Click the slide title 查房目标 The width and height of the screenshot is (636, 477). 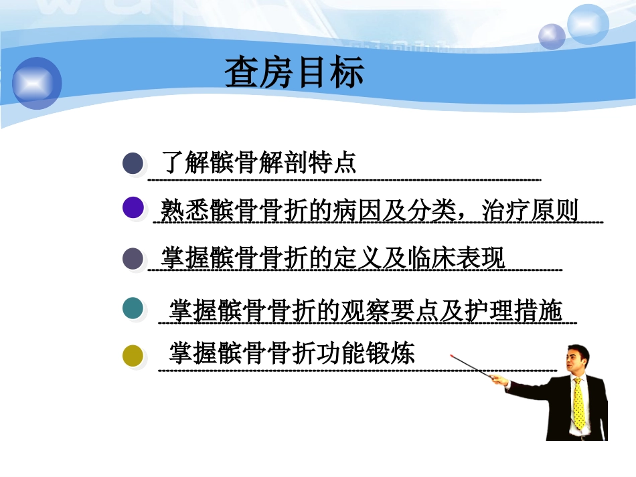click(x=294, y=72)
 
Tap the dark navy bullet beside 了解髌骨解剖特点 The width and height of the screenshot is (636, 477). click(x=133, y=163)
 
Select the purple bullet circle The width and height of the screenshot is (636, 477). click(x=134, y=208)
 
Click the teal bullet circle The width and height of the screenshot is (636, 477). click(x=133, y=308)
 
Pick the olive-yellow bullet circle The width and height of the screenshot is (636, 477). click(x=133, y=356)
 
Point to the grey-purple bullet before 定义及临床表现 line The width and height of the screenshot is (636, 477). click(x=133, y=258)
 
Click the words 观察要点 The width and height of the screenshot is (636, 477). click(x=388, y=310)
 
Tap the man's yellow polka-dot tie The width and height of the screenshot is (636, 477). click(x=578, y=404)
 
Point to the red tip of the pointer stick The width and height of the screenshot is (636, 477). click(x=453, y=356)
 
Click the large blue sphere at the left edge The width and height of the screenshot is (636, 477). click(x=37, y=83)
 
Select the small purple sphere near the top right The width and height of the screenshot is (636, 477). click(x=552, y=36)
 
